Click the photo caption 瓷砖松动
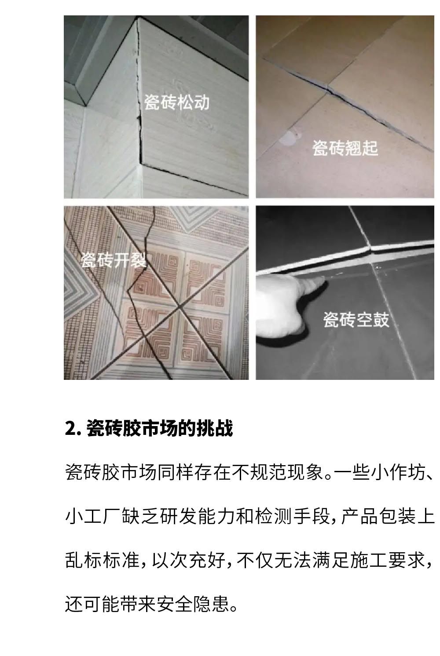176,102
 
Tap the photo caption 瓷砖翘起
345,148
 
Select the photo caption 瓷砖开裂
114,259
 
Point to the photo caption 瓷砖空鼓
356,319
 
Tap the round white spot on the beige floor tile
287,138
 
